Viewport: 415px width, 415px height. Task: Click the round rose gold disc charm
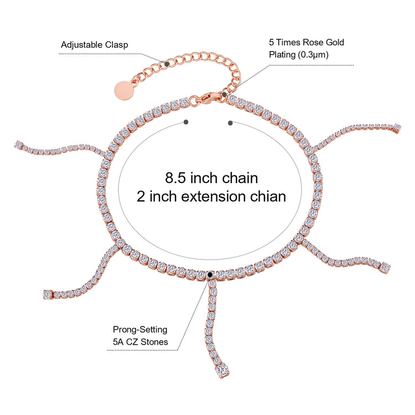tap(124, 90)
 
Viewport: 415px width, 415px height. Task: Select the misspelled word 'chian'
tap(269, 196)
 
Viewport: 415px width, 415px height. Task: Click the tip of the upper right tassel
tap(396, 127)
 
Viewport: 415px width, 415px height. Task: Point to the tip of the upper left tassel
tap(17, 144)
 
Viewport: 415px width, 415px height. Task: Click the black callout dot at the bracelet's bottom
tap(210, 273)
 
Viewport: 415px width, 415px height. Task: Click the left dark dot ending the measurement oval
tap(185, 121)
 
